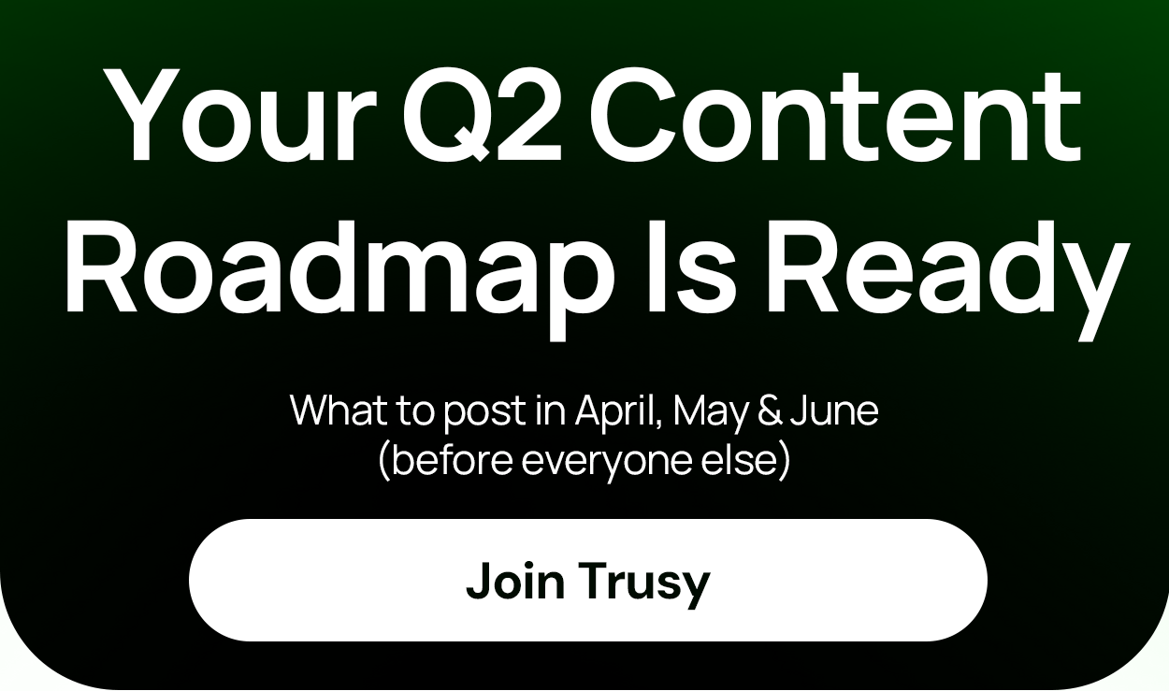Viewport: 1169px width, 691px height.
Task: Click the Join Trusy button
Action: click(x=587, y=580)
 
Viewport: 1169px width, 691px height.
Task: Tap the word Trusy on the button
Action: click(x=644, y=583)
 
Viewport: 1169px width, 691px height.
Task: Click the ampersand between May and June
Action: click(x=769, y=411)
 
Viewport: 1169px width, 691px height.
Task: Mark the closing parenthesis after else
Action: click(x=784, y=462)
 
